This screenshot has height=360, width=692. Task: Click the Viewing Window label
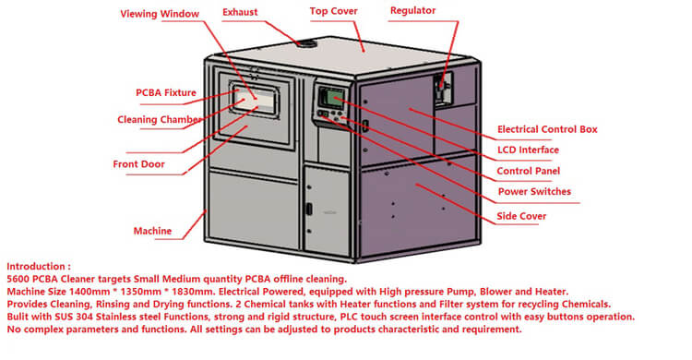160,14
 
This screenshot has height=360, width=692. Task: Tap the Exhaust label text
240,12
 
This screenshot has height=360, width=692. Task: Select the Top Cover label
333,11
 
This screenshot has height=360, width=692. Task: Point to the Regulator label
412,10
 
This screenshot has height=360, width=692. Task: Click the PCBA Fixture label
165,92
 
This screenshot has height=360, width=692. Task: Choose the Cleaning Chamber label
160,120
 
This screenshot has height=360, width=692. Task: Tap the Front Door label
138,164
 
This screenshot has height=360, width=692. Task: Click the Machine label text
152,231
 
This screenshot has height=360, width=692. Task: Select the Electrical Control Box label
547,129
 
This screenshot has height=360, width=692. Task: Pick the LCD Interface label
528,150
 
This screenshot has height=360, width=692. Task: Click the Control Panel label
529,171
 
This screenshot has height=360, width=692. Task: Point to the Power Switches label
534,192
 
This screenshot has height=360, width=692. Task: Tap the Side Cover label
521,216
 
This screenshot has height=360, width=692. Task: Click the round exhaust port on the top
306,43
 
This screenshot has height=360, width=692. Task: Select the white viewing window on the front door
255,101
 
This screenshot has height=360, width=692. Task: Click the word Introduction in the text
36,267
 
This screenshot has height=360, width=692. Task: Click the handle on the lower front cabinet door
310,209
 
